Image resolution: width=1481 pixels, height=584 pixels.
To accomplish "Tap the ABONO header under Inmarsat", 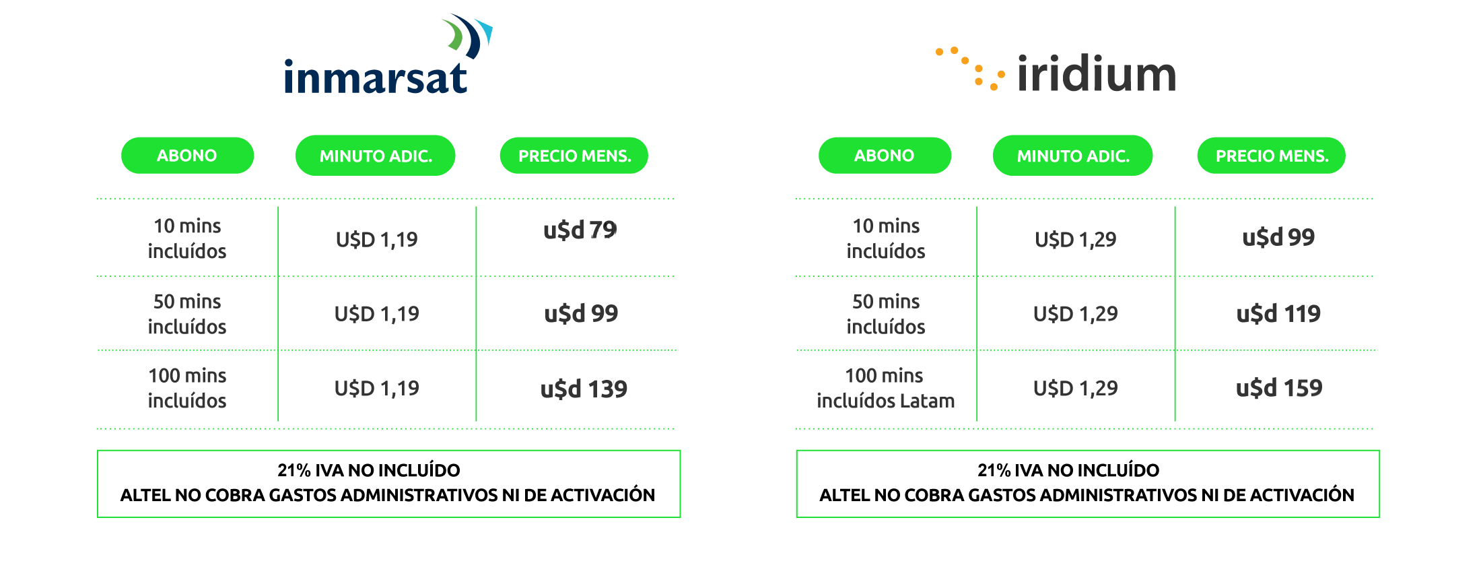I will click(187, 156).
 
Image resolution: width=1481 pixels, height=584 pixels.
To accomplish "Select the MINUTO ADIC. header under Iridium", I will click(1072, 156).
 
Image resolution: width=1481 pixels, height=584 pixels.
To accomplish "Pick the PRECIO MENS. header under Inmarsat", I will click(574, 156).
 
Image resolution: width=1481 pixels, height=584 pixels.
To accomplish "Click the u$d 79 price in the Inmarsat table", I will click(580, 230).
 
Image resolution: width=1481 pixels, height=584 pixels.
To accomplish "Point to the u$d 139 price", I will click(584, 389).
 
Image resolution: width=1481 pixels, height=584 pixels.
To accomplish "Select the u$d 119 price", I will click(1278, 314).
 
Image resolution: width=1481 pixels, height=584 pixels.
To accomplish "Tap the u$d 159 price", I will click(1278, 388).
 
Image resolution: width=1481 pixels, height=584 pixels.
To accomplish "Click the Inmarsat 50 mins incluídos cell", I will click(187, 314).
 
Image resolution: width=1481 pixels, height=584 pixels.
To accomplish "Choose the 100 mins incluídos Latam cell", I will click(885, 388).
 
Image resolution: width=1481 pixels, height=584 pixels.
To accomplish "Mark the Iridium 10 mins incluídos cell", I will click(885, 238).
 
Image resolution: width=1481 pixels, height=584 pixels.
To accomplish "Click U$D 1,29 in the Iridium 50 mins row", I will click(1075, 314).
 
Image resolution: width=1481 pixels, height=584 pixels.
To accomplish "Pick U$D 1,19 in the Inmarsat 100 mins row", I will click(376, 388).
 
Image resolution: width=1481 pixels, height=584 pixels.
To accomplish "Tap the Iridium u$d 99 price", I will click(1278, 238).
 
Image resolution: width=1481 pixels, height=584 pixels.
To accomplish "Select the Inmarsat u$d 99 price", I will click(581, 314).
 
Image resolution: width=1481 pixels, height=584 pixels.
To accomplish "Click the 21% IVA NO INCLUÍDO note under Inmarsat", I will click(369, 470).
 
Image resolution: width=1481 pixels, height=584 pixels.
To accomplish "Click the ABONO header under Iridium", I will click(884, 156).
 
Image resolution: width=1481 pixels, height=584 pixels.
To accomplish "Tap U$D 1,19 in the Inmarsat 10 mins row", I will click(376, 239).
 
